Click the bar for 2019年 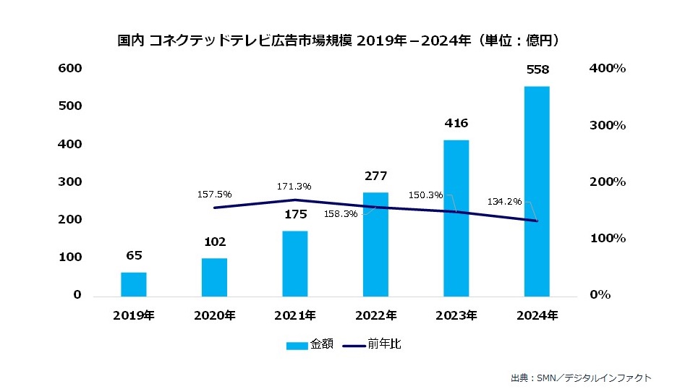point(134,284)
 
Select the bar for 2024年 point(537,191)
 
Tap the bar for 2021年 point(295,263)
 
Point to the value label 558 point(537,70)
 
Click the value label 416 point(456,124)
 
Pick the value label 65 point(134,256)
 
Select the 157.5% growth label point(214,195)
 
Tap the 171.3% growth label point(294,187)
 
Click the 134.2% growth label point(504,202)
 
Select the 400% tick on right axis point(608,68)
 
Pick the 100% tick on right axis point(608,239)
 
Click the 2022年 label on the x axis point(376,316)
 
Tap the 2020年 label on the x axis point(215,316)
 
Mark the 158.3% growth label point(341,214)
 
